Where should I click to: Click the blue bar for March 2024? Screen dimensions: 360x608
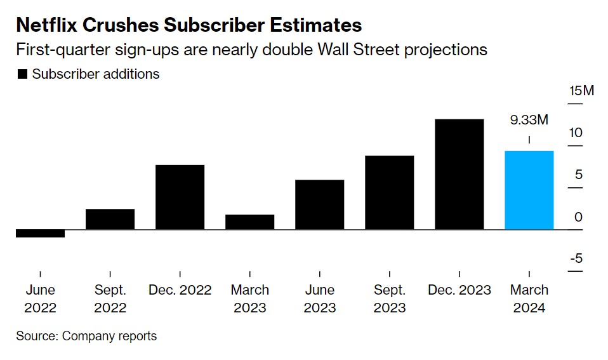click(x=529, y=190)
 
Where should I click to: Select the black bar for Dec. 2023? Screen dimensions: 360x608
click(x=459, y=174)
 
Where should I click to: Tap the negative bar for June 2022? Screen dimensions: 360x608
click(x=40, y=233)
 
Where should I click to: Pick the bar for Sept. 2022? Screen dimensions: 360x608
click(x=110, y=219)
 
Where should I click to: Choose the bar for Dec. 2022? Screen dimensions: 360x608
click(x=180, y=197)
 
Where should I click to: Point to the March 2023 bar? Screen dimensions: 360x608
click(x=249, y=222)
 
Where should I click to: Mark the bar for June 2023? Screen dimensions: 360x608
click(x=319, y=204)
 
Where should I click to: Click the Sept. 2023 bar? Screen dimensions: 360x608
click(x=389, y=192)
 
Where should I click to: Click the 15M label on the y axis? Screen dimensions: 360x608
click(x=581, y=91)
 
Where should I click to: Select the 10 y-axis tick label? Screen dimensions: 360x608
click(x=576, y=133)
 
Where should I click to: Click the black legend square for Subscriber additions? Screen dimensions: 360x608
click(x=22, y=74)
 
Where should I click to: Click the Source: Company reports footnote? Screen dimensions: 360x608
click(x=86, y=336)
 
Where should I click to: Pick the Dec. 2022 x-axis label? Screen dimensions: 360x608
click(x=180, y=290)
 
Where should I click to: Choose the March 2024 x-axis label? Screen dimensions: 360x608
click(x=529, y=298)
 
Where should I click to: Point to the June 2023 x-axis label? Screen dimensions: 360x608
click(x=319, y=298)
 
